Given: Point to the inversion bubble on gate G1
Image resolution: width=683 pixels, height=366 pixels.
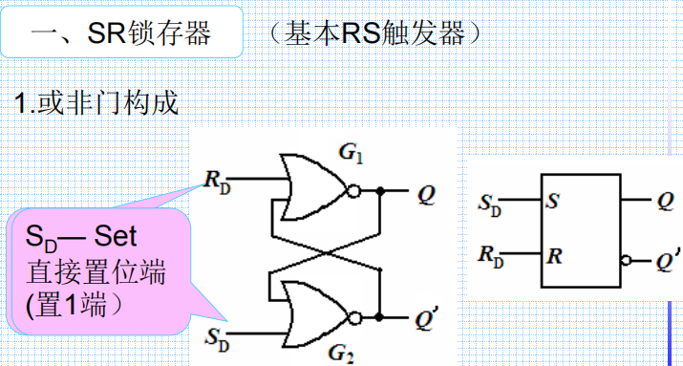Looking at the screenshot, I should click(x=352, y=191).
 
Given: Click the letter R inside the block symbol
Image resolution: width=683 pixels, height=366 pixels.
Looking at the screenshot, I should click(x=552, y=257).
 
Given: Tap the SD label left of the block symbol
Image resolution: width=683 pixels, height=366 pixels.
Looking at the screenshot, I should click(x=487, y=204).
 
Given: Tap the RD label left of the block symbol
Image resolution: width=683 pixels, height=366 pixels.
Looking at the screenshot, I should click(x=487, y=258).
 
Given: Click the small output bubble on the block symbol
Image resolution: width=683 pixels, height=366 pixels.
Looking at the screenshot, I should click(x=625, y=259).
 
